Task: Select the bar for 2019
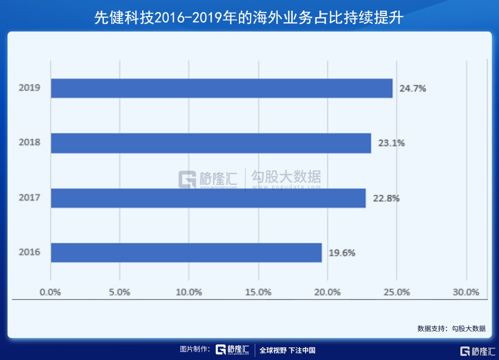(x=221, y=88)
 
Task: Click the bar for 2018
(x=211, y=143)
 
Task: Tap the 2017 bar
(x=208, y=198)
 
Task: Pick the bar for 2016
(x=186, y=253)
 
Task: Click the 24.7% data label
(x=413, y=88)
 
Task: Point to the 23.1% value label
(x=391, y=143)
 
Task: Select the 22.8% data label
(x=386, y=198)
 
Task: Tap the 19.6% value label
(x=342, y=253)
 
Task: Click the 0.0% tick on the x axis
(x=50, y=292)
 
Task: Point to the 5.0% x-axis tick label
(x=119, y=292)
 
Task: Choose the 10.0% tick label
(x=189, y=292)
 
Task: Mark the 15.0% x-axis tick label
(x=258, y=292)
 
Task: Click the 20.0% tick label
(x=327, y=292)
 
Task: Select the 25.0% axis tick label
(x=397, y=292)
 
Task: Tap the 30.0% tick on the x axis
(x=466, y=292)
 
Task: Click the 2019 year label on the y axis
(x=29, y=88)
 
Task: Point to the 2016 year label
(x=29, y=253)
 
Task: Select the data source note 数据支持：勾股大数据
(x=451, y=329)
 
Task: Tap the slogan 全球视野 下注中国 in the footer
(x=287, y=350)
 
